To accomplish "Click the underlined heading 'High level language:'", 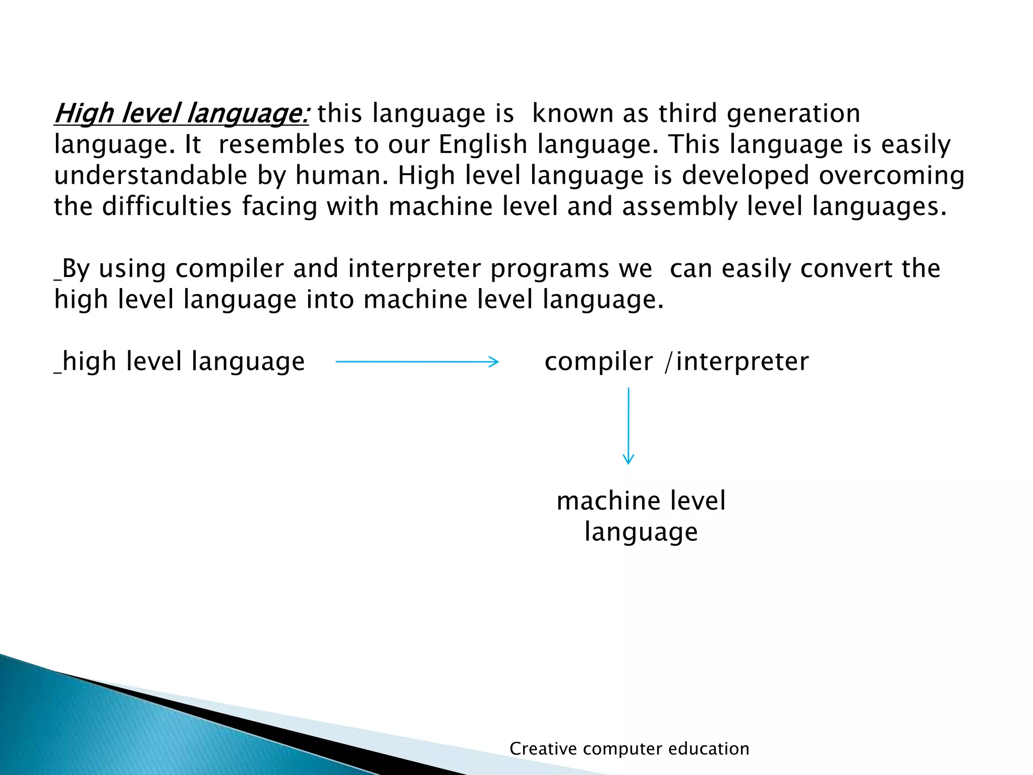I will pyautogui.click(x=181, y=114).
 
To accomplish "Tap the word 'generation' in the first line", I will pyautogui.click(x=793, y=114).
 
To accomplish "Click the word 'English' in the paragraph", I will pyautogui.click(x=483, y=145).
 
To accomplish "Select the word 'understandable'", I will pyautogui.click(x=151, y=176).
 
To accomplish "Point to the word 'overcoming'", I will pyautogui.click(x=891, y=176).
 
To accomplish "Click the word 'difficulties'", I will pyautogui.click(x=166, y=207).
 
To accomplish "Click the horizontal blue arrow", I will pyautogui.click(x=417, y=362).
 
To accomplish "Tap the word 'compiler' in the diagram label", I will pyautogui.click(x=598, y=362).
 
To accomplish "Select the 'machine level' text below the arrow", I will pyautogui.click(x=641, y=501).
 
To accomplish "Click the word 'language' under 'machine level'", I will pyautogui.click(x=641, y=532).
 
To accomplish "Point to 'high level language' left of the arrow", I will pyautogui.click(x=183, y=362).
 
